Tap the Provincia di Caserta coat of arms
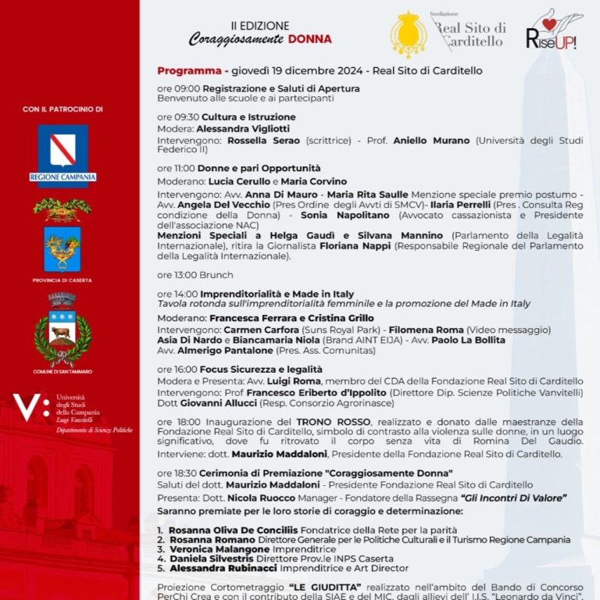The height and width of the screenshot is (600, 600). [x=62, y=248]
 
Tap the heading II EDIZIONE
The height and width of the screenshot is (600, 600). [x=259, y=26]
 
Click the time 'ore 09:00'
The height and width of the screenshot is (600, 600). [x=178, y=89]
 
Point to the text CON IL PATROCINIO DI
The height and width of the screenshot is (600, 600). [x=62, y=109]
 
